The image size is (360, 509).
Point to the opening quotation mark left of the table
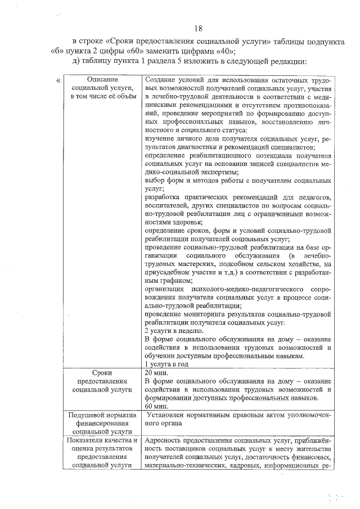click(59, 80)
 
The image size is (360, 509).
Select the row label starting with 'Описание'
click(102, 89)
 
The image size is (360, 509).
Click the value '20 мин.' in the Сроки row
click(156, 373)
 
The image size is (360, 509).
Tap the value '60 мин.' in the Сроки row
click(156, 406)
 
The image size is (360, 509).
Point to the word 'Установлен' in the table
click(167, 416)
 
